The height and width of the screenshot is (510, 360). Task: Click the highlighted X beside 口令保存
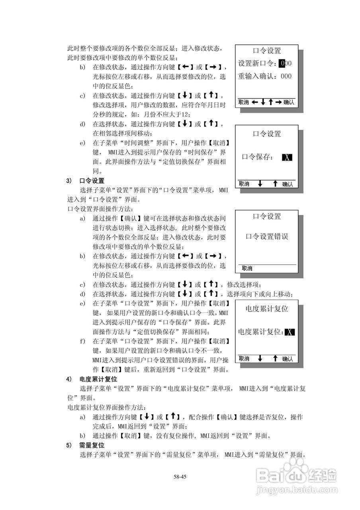tap(287, 157)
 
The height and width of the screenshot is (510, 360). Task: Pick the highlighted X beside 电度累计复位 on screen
tap(290, 332)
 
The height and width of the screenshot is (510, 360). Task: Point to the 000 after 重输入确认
tap(286, 76)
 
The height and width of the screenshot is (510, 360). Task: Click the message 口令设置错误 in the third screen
tap(267, 237)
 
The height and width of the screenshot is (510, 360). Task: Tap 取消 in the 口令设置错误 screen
tap(247, 268)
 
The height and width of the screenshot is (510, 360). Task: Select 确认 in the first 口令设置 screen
tap(289, 102)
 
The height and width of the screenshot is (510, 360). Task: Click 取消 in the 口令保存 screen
tap(244, 184)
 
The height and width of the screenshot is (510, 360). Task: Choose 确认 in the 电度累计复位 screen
tap(288, 359)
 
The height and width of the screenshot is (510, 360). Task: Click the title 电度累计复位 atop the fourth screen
tap(267, 309)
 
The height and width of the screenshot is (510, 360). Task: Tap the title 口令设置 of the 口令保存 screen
tap(267, 134)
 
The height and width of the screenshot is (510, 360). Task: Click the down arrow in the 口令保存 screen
tap(260, 184)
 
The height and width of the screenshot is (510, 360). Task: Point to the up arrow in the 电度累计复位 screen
tap(275, 359)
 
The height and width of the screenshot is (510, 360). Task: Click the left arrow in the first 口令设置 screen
tap(254, 102)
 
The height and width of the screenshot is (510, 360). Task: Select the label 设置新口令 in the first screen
tap(256, 63)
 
